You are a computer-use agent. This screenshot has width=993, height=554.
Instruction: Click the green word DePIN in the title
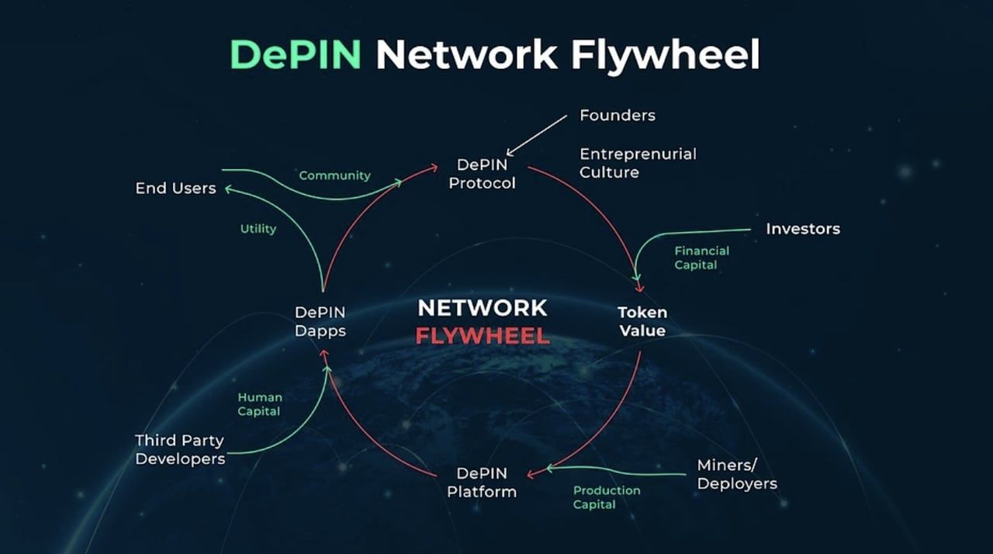point(296,55)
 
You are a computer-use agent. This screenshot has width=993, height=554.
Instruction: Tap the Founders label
point(618,116)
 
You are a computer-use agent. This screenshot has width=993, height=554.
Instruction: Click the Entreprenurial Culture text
point(638,163)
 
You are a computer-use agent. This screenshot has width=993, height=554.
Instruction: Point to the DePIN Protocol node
point(482,174)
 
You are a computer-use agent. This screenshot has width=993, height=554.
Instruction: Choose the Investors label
point(803,229)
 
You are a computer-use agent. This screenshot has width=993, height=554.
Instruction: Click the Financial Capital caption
point(701,258)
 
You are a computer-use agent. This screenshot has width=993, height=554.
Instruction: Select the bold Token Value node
point(642,321)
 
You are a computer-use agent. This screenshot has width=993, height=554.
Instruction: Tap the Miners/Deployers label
point(736,473)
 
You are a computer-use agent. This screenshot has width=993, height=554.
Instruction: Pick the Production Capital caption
point(607,497)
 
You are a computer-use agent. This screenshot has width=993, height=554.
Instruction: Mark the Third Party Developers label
point(180,449)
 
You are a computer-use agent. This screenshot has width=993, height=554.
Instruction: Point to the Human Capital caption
point(260,404)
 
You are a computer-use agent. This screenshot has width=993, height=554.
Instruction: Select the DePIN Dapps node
point(320,321)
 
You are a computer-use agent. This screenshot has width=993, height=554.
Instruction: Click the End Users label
point(175,188)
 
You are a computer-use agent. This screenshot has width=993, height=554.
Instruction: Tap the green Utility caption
point(258,229)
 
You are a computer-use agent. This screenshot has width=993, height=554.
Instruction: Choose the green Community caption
point(334,175)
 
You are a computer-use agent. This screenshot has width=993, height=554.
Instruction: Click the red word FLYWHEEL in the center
point(483,336)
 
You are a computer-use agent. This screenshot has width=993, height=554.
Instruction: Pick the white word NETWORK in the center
point(483,308)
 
